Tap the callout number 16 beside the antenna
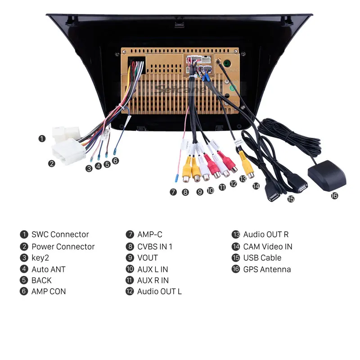(334, 196)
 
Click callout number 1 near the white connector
(42, 139)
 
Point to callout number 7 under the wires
(173, 192)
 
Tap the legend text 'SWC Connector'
(60, 234)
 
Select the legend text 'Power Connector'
(63, 247)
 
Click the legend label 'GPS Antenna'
(267, 270)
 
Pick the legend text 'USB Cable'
(262, 258)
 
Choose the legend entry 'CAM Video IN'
(267, 247)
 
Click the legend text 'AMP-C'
(149, 234)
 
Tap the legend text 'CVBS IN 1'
(154, 247)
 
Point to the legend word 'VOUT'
(148, 258)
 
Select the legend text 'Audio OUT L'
(159, 292)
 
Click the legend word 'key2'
(40, 258)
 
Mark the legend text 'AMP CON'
(48, 292)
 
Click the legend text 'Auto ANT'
(48, 270)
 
